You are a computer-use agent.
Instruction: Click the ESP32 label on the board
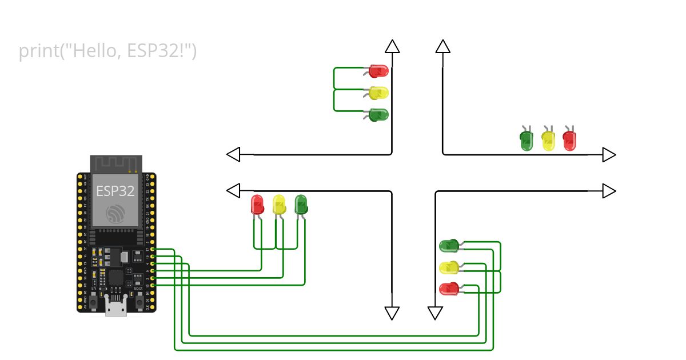115,191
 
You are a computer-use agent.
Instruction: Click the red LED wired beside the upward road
378,71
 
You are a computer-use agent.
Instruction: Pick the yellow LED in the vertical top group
378,93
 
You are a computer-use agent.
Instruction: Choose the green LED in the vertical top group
378,114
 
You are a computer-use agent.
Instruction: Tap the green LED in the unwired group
527,140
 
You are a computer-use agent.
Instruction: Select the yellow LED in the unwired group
548,140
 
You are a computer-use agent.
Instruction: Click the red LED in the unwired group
569,140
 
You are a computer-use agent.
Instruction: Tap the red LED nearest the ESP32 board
257,204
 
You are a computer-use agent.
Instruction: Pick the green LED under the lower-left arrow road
301,204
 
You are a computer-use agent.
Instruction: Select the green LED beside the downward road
449,246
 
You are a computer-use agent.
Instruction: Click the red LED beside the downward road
449,289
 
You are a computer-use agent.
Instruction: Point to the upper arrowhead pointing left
233,154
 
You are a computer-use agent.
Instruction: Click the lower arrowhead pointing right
609,191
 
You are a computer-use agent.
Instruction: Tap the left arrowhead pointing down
392,313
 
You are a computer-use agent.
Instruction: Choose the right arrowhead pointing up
442,46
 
